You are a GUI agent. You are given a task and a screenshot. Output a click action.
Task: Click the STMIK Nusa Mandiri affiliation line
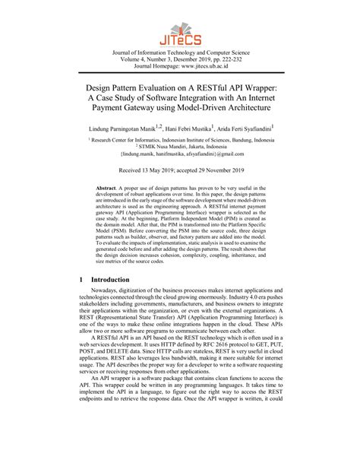click(181, 161)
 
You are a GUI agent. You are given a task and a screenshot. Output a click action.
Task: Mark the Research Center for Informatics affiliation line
click(180, 153)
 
